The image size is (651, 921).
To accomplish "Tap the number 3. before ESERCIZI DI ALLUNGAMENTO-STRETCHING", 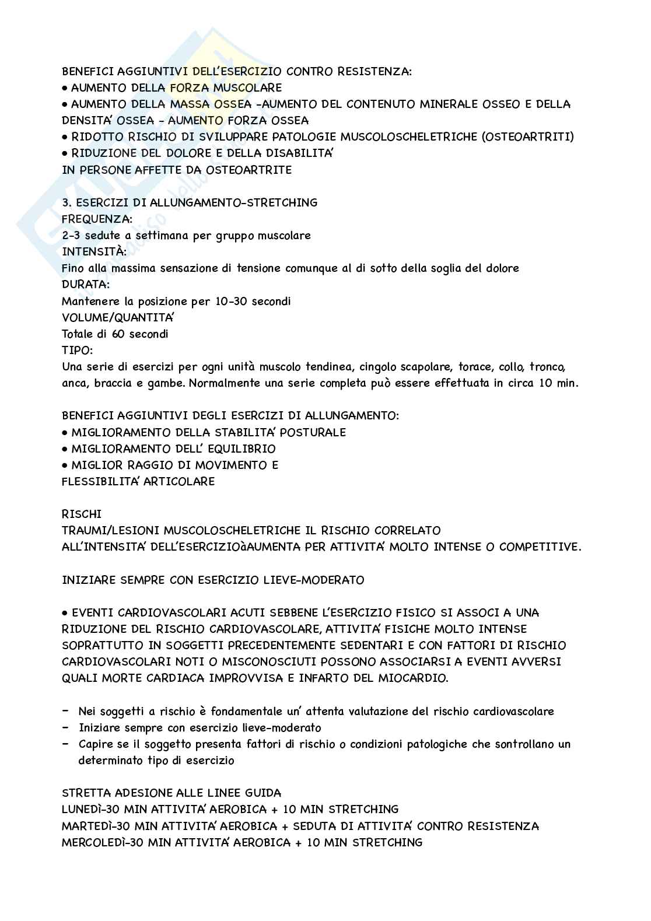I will [66, 202].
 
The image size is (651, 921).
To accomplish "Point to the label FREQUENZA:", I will [97, 219].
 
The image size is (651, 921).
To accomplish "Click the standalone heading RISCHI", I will [81, 514].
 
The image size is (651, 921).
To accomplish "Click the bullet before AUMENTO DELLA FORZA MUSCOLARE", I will [65, 88].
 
